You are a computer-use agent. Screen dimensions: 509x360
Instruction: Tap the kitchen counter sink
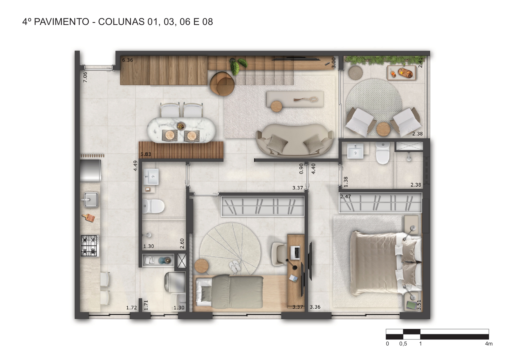click(91, 200)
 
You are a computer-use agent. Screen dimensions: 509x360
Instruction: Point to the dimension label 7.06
click(85, 77)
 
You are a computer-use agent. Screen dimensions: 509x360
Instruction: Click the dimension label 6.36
click(127, 60)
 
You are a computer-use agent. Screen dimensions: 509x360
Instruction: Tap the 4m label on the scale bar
click(489, 344)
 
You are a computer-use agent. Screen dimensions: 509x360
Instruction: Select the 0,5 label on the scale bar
click(403, 344)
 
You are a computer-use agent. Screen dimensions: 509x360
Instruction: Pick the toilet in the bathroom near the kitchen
click(154, 206)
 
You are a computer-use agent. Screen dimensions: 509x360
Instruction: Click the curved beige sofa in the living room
click(295, 140)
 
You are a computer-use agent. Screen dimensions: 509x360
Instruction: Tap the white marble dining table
click(182, 130)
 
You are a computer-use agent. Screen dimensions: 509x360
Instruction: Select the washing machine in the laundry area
click(174, 282)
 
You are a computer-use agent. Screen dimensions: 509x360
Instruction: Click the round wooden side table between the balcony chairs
click(383, 129)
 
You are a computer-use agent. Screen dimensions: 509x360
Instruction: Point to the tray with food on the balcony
click(402, 73)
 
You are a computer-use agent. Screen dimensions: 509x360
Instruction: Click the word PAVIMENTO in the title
click(62, 22)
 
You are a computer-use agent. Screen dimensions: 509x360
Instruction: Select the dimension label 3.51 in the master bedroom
click(419, 305)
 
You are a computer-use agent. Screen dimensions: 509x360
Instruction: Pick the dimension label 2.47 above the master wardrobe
click(346, 196)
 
